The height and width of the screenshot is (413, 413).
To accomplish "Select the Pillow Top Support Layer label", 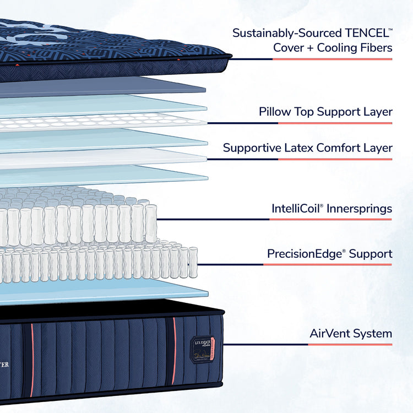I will tap(325, 112).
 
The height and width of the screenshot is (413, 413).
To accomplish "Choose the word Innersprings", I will tap(361, 209).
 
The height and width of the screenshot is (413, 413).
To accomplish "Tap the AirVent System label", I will tap(351, 333).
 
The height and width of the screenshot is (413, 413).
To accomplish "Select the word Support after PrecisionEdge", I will tap(371, 254).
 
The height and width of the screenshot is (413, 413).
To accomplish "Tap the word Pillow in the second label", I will tap(274, 112).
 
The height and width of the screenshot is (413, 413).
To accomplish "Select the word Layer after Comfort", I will tap(378, 148).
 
